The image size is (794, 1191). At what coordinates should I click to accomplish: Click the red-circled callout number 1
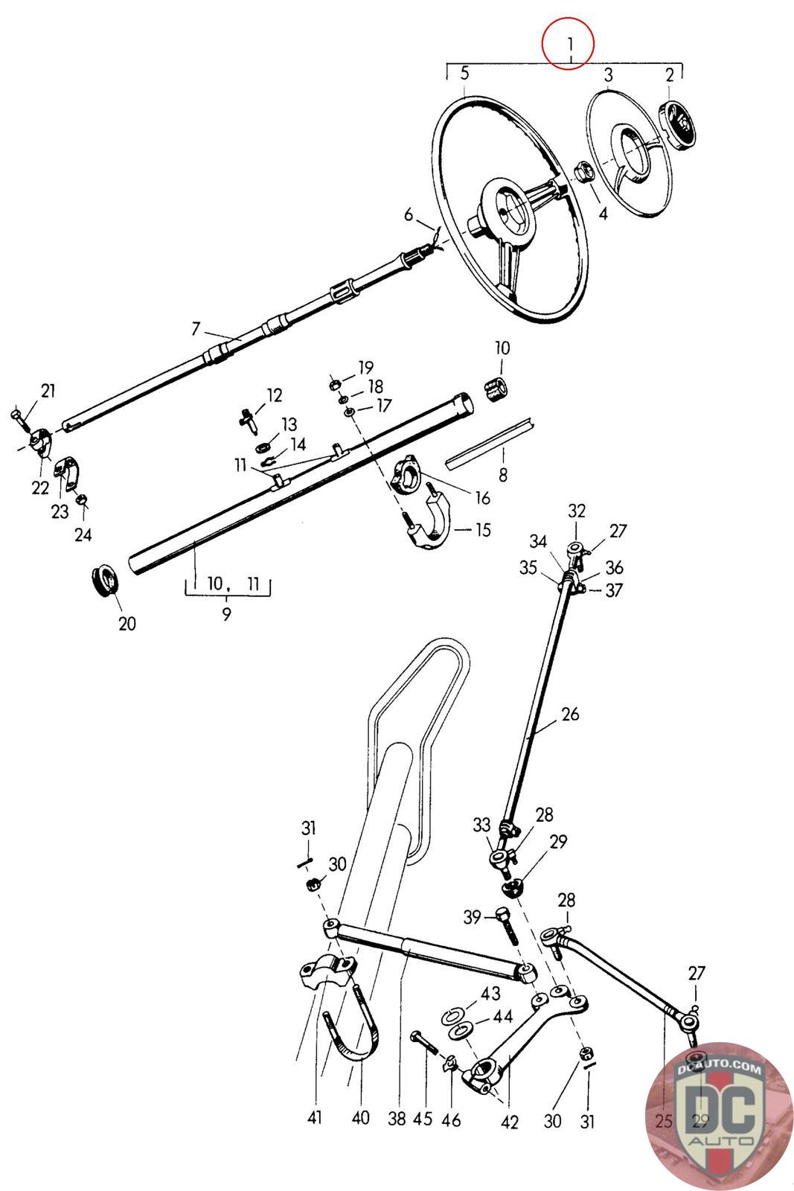(x=568, y=43)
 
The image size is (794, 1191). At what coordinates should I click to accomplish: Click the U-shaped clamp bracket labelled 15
(x=432, y=523)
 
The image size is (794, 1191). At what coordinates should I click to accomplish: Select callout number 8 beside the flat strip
(x=503, y=474)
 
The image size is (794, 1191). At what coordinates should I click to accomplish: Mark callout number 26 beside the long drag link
(x=570, y=715)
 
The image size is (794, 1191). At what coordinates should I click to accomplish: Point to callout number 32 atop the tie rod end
(x=577, y=511)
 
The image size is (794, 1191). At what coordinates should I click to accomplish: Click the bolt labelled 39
(x=508, y=924)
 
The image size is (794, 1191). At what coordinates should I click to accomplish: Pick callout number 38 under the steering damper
(x=397, y=1119)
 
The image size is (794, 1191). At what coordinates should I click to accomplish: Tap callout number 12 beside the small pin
(x=275, y=395)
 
